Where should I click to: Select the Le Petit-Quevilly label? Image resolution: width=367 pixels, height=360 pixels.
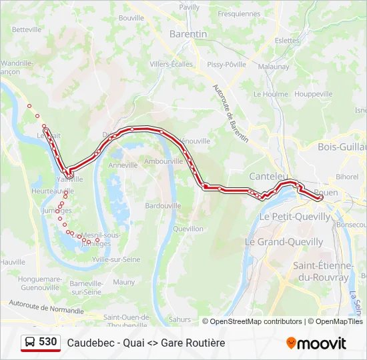[x=294, y=217]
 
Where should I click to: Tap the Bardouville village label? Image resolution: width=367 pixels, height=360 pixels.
[x=163, y=206]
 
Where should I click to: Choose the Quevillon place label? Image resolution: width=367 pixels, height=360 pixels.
[x=188, y=229]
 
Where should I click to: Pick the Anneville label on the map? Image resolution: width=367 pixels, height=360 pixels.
[x=123, y=165]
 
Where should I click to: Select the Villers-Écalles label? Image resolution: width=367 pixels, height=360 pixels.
[x=171, y=65]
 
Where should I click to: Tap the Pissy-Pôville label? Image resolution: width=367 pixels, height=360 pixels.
[x=226, y=65]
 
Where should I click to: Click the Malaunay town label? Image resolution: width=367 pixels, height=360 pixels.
[x=274, y=67]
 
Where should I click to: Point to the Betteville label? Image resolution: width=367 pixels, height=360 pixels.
[x=27, y=29]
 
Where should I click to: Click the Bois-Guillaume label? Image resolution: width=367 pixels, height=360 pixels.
[x=342, y=147]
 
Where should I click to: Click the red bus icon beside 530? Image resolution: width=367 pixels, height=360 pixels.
[x=30, y=343]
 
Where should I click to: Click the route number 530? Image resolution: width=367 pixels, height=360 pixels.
[x=48, y=342]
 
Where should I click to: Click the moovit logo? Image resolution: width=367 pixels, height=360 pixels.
[x=316, y=343]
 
